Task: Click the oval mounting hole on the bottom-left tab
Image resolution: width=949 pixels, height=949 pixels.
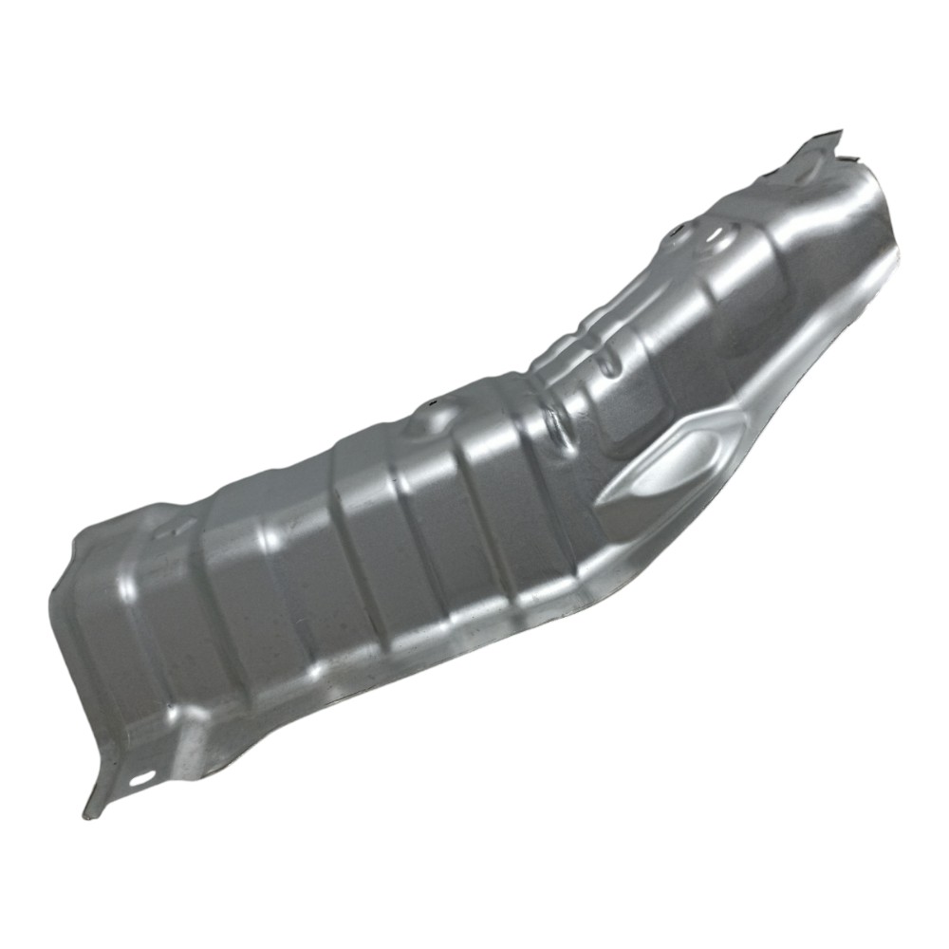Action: [142, 778]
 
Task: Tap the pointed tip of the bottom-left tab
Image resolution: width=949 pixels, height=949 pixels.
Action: [88, 814]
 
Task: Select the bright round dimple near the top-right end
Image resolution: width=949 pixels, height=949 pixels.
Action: [719, 235]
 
